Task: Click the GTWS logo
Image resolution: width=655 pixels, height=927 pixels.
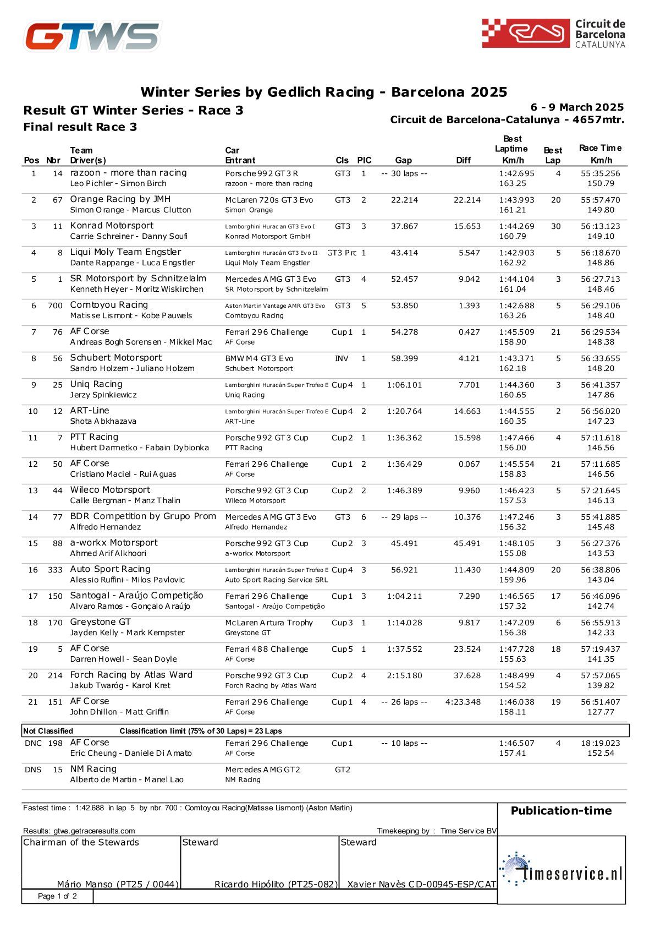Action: pos(92,36)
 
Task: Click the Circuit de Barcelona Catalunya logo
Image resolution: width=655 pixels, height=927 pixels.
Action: pos(553,34)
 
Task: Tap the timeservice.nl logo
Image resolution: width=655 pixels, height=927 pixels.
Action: pos(562,870)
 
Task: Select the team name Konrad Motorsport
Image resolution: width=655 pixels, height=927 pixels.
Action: pos(112,226)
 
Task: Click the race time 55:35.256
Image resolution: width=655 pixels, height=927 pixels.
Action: pos(600,173)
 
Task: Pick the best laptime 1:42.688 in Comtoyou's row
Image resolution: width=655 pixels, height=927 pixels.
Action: pos(516,306)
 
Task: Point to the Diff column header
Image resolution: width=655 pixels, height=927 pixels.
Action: pos(463,160)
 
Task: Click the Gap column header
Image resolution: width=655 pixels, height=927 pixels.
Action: pos(403,160)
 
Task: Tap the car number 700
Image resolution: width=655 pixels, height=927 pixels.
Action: pos(55,306)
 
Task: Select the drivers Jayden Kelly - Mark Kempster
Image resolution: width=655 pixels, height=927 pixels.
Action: pos(127,632)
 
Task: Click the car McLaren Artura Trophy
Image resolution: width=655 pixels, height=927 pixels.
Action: pos(269,623)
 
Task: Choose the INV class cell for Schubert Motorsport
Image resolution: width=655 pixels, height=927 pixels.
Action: pos(342,358)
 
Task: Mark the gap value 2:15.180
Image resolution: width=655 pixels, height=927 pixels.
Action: pos(404,675)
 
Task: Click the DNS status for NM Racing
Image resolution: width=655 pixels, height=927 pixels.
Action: pos(33,770)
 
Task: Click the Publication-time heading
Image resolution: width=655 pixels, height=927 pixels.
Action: pos(561,810)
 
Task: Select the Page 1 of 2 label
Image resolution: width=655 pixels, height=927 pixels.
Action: pos(57,896)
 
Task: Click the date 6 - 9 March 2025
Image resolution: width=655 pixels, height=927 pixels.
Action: pos(577,107)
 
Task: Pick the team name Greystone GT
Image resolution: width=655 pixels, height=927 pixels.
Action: pos(100,622)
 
